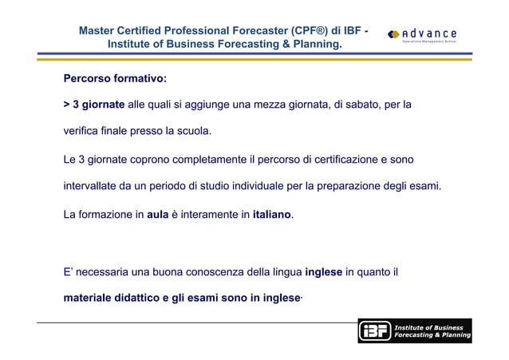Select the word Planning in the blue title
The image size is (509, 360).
(314, 44)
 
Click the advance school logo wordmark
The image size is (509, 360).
(430, 33)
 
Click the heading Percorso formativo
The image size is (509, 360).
(115, 79)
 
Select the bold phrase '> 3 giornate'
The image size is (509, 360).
(94, 105)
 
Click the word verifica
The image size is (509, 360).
(82, 131)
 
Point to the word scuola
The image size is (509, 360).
(196, 131)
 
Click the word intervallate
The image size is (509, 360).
(93, 186)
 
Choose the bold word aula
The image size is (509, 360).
(156, 214)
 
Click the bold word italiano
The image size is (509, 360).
(271, 214)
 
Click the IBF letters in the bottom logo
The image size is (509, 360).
(373, 331)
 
